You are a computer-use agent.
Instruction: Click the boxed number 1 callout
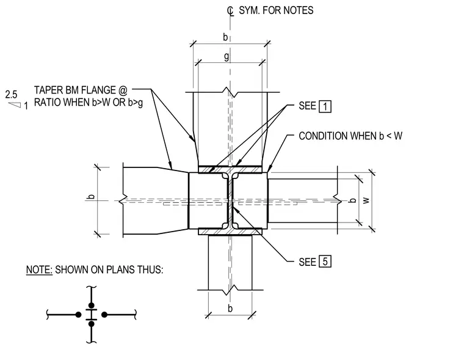(325, 106)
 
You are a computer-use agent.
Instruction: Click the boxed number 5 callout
(325, 262)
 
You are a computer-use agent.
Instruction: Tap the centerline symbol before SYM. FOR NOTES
(230, 11)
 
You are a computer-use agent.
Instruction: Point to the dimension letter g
(227, 56)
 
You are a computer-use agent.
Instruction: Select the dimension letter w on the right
(366, 200)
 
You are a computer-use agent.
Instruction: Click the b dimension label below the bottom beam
(230, 308)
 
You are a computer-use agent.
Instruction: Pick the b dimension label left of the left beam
(92, 196)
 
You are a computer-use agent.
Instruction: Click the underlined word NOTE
(39, 269)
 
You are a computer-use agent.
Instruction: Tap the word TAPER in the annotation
(48, 90)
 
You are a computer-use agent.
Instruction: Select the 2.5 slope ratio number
(11, 95)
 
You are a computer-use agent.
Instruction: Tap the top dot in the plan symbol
(92, 306)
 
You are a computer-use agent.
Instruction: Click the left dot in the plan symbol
(78, 315)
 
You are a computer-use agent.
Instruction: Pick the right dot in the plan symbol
(104, 315)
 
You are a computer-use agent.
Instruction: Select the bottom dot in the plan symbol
(92, 324)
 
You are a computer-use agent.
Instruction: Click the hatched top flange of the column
(230, 169)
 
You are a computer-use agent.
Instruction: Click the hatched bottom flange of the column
(230, 232)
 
